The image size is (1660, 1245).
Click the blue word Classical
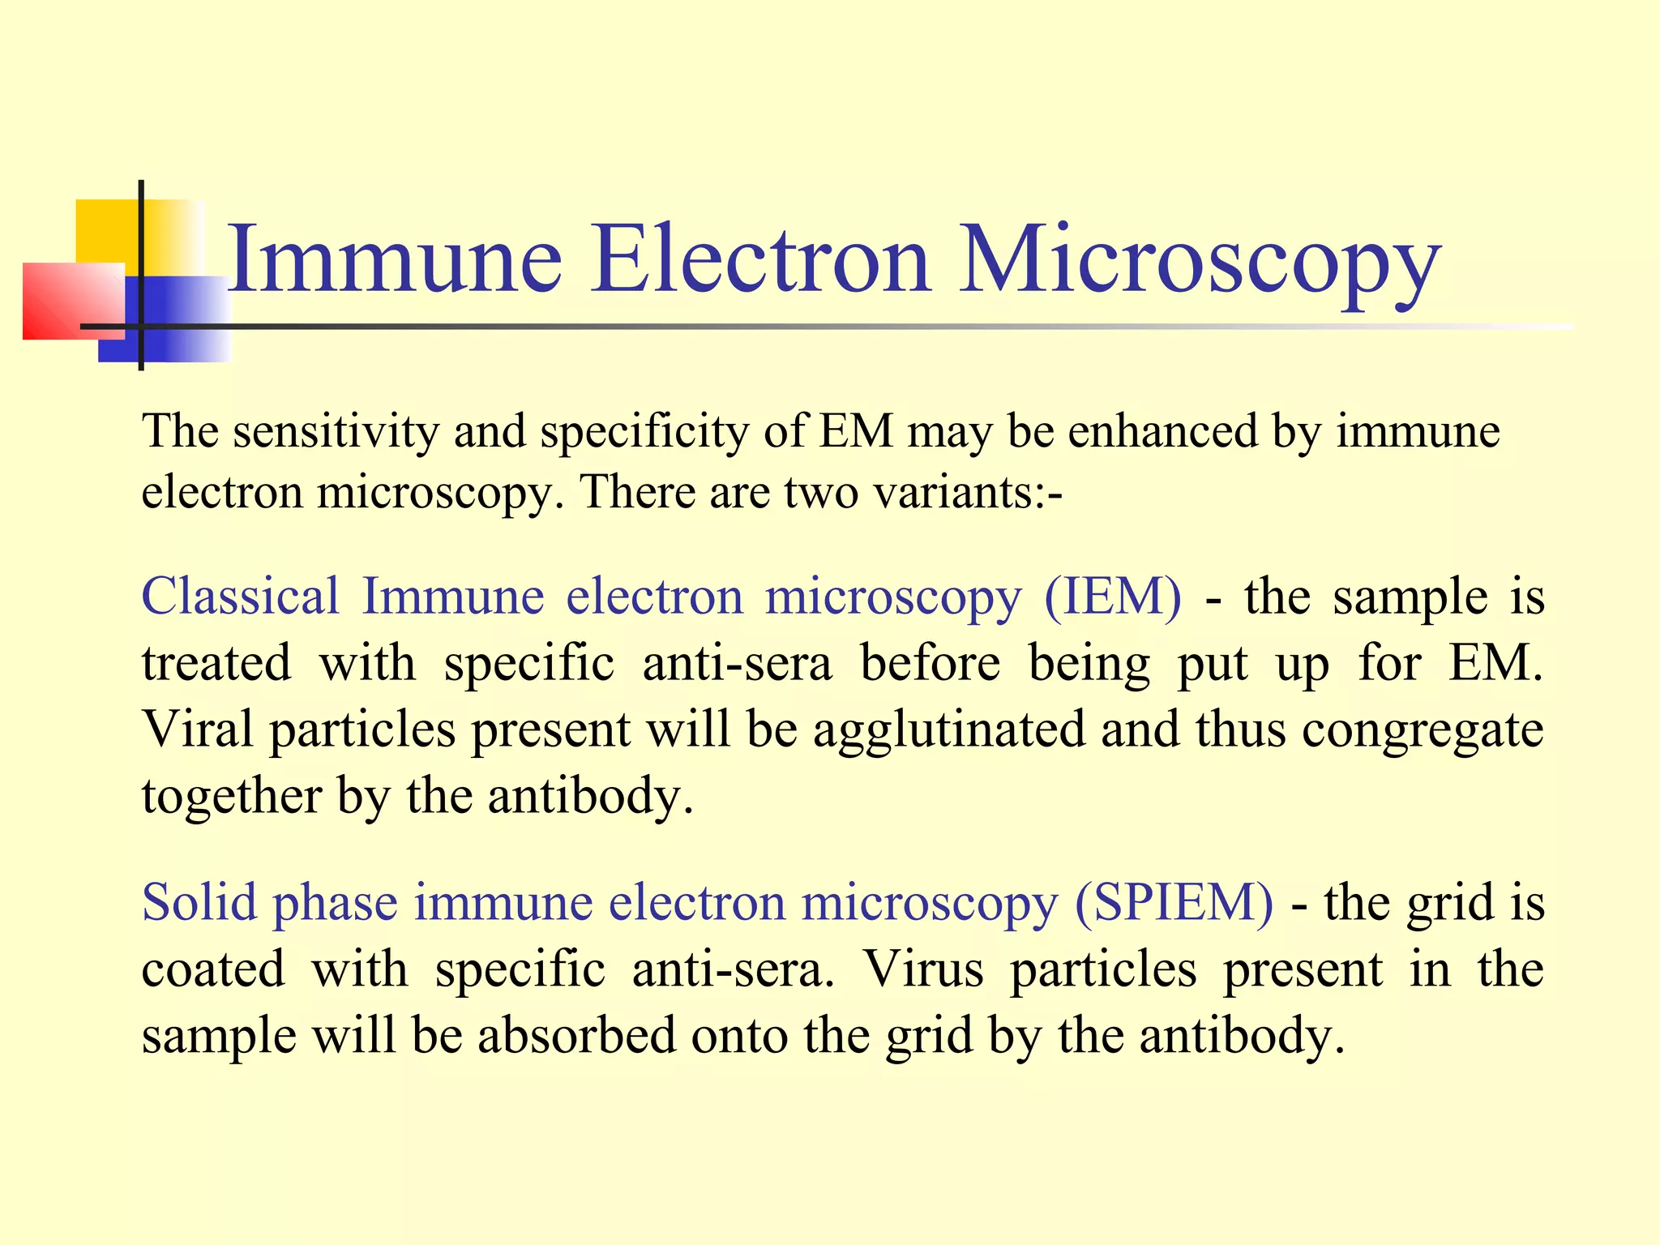(x=240, y=597)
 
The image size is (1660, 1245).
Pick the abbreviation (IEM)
(x=1112, y=597)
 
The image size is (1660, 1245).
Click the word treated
(x=216, y=663)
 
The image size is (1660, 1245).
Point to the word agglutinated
(x=949, y=729)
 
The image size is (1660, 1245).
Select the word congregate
(x=1422, y=729)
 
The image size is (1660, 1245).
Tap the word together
(x=232, y=796)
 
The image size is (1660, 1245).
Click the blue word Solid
(x=199, y=902)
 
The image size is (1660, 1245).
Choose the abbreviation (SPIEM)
(x=1174, y=902)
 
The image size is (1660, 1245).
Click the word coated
(x=213, y=969)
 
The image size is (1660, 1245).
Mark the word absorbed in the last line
(x=576, y=1035)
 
